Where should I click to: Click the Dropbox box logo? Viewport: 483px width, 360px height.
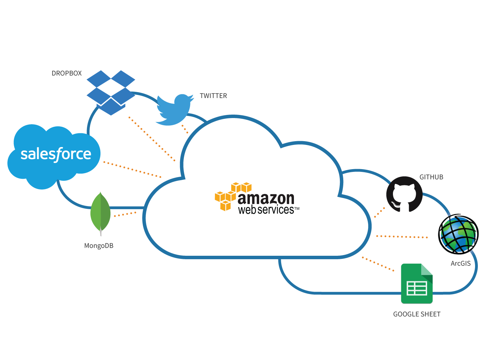pyautogui.click(x=111, y=92)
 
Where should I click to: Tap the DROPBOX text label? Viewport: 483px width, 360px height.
pyautogui.click(x=67, y=73)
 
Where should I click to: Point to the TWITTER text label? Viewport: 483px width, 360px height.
pyautogui.click(x=213, y=96)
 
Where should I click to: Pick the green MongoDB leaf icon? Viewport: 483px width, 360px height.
pyautogui.click(x=100, y=212)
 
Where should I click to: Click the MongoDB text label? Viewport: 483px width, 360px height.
pyautogui.click(x=99, y=246)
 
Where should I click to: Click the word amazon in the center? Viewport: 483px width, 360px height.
pyautogui.click(x=266, y=198)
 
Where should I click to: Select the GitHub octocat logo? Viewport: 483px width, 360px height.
pyautogui.click(x=404, y=194)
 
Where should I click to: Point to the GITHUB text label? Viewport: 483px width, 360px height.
pyautogui.click(x=431, y=177)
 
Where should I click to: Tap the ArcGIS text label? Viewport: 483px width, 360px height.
pyautogui.click(x=461, y=263)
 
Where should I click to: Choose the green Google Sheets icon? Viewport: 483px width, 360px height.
pyautogui.click(x=417, y=283)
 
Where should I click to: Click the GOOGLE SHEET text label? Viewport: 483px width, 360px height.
pyautogui.click(x=417, y=314)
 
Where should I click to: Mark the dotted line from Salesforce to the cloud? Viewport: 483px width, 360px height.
pyautogui.click(x=132, y=169)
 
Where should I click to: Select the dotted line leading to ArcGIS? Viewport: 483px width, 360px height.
pyautogui.click(x=402, y=237)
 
